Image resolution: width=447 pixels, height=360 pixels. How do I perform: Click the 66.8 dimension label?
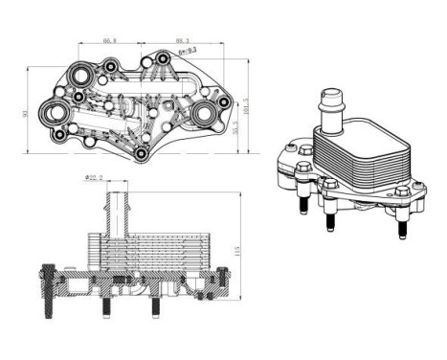click(x=109, y=41)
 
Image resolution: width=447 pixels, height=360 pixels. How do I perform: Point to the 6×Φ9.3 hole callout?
click(x=187, y=50)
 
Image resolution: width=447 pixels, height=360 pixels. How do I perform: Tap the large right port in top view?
click(x=204, y=115)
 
